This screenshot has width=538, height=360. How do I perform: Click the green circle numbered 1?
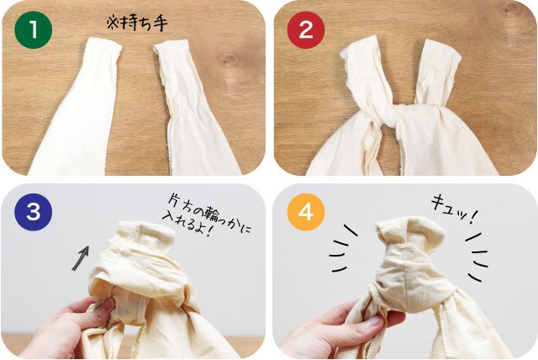pyautogui.click(x=34, y=29)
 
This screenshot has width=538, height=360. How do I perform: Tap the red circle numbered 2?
pyautogui.click(x=306, y=29)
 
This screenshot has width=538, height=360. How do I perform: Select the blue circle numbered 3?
pyautogui.click(x=34, y=212)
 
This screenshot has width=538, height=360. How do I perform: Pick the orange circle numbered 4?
pyautogui.click(x=306, y=212)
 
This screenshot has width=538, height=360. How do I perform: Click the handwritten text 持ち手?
pyautogui.click(x=143, y=24)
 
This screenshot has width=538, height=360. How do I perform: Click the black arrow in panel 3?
pyautogui.click(x=81, y=257)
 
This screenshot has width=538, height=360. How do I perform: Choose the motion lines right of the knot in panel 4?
pyautogui.click(x=477, y=256)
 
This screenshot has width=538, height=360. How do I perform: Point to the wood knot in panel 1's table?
pyautogui.click(x=228, y=61)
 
